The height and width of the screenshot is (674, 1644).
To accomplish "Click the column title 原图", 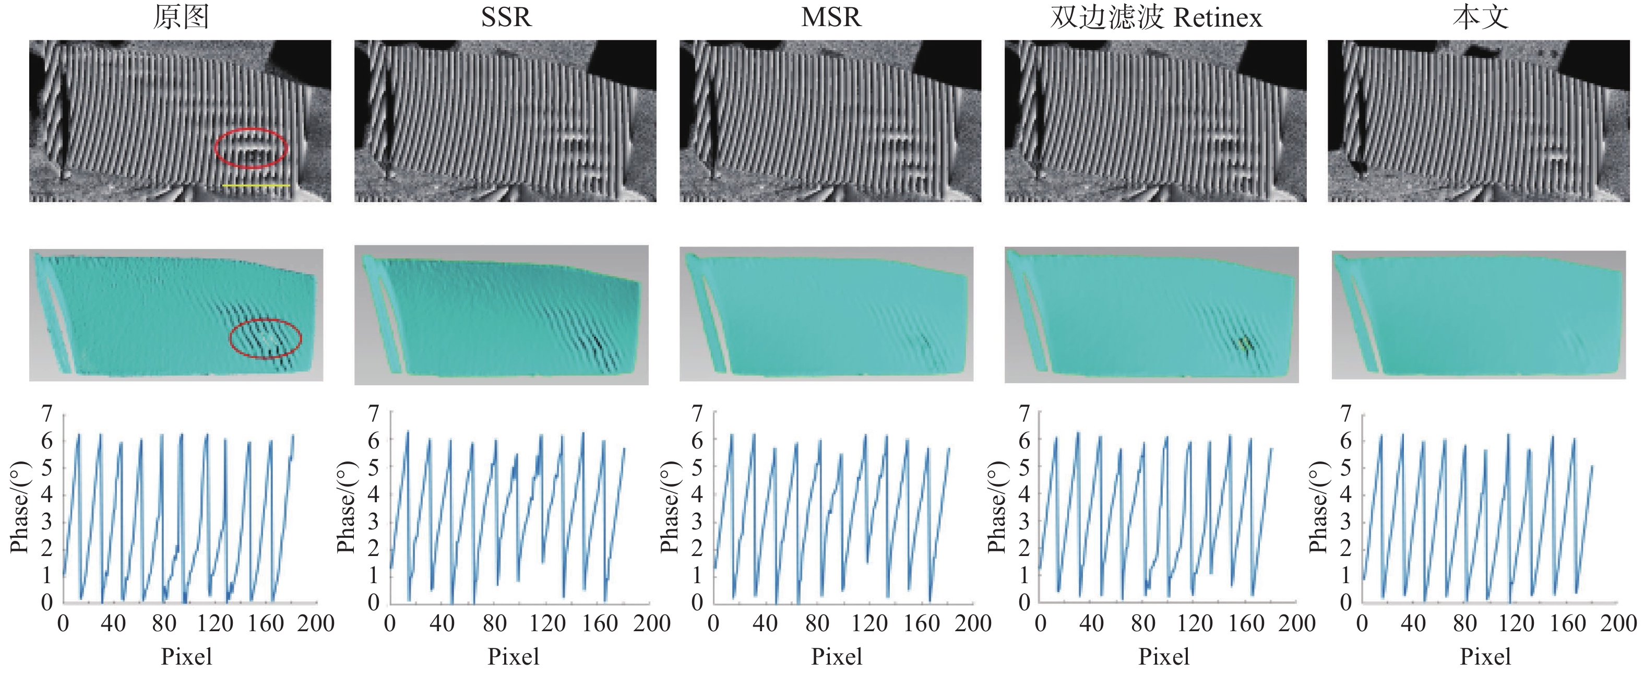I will (181, 17).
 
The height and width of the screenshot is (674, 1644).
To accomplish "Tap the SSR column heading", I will (506, 17).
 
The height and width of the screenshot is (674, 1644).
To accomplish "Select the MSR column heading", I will (831, 17).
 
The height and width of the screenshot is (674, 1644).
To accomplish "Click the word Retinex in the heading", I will (1218, 18).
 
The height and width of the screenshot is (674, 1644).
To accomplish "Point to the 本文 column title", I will (1481, 17).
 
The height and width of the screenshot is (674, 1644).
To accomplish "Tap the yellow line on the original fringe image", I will (257, 186).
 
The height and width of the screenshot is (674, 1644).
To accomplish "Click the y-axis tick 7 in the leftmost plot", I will (47, 414).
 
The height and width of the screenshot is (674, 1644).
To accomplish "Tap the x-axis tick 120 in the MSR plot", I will (869, 623).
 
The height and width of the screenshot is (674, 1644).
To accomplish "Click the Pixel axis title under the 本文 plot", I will (1485, 657).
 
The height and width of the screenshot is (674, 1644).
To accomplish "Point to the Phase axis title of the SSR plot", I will (346, 507).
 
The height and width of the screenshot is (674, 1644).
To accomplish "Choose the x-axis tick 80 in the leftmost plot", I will (164, 623).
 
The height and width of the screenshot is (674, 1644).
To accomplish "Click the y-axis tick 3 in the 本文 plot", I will (1346, 522).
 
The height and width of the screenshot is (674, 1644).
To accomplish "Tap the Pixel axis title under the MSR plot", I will (837, 657).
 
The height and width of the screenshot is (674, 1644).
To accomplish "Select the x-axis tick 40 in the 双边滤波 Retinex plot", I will (1091, 623).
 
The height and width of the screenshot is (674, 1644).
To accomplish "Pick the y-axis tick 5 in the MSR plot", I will (697, 467).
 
